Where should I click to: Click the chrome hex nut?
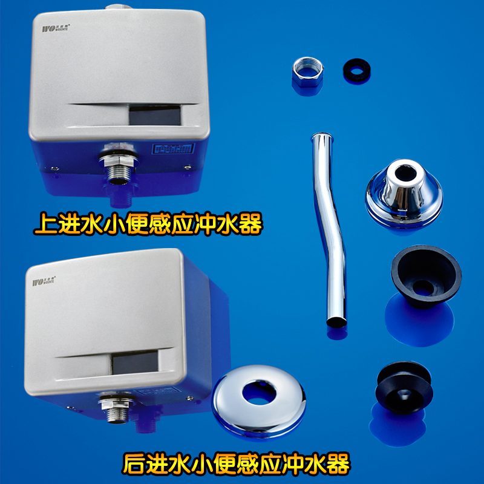click(x=308, y=76)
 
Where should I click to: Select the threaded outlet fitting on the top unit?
click(x=119, y=168)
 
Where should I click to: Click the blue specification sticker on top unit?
click(x=173, y=149)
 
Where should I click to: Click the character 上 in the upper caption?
click(x=45, y=225)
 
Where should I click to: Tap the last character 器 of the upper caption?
click(x=249, y=225)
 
